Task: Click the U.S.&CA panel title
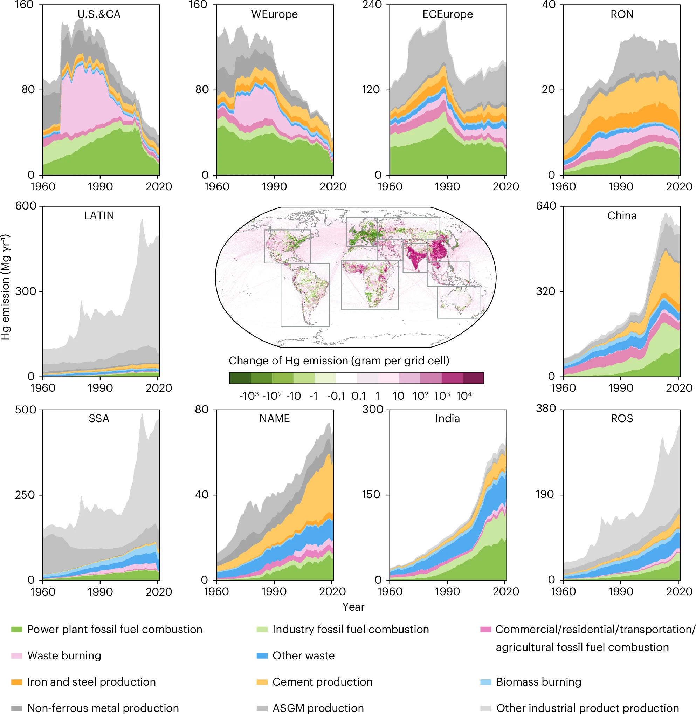pyautogui.click(x=99, y=14)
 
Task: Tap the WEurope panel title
pyautogui.click(x=275, y=14)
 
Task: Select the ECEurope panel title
pyautogui.click(x=447, y=14)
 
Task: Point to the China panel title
pyautogui.click(x=622, y=216)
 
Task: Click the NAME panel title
pyautogui.click(x=275, y=419)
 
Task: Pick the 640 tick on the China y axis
pyautogui.click(x=546, y=206)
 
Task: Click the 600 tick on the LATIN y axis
pyautogui.click(x=26, y=206)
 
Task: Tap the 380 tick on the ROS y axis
pyautogui.click(x=546, y=409)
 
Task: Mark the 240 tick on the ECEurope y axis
pyautogui.click(x=372, y=5)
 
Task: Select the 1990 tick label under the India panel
pyautogui.click(x=447, y=591)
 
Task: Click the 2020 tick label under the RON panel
pyautogui.click(x=679, y=186)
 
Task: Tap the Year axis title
pyautogui.click(x=353, y=607)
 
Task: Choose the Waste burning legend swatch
pyautogui.click(x=17, y=655)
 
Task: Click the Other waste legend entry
pyautogui.click(x=303, y=655)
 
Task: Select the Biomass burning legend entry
pyautogui.click(x=538, y=682)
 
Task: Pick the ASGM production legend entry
pyautogui.click(x=318, y=708)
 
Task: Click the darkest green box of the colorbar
pyautogui.click(x=240, y=378)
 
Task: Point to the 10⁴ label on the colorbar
pyautogui.click(x=464, y=396)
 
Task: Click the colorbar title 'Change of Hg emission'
pyautogui.click(x=339, y=361)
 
